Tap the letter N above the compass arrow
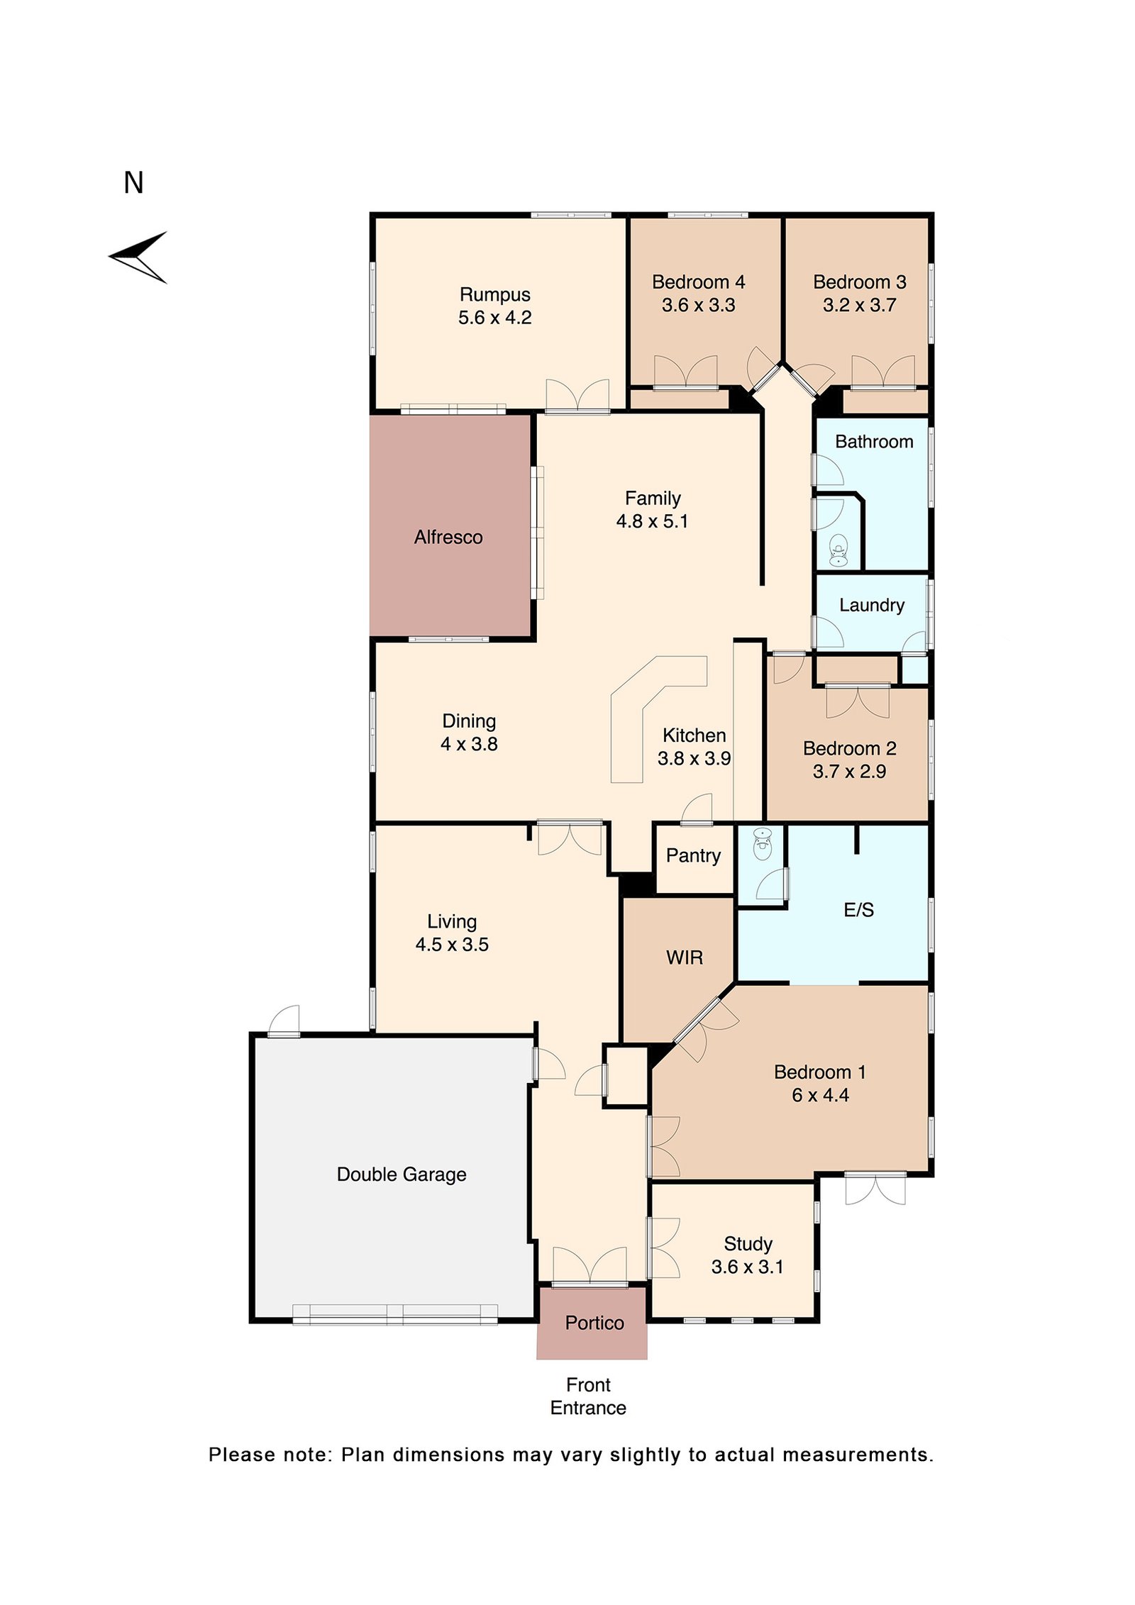(133, 183)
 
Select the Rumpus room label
(494, 294)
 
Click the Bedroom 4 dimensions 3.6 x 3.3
(698, 306)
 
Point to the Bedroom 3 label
(859, 282)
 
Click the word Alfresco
(448, 537)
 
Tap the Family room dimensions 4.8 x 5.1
(652, 521)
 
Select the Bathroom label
(873, 442)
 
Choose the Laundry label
(871, 605)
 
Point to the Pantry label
(693, 855)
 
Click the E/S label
(858, 910)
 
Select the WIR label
(685, 957)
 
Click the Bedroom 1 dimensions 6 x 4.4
(820, 1095)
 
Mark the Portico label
(594, 1323)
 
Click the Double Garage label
(402, 1174)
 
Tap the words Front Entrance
(588, 1396)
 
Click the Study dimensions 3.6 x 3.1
(747, 1267)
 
